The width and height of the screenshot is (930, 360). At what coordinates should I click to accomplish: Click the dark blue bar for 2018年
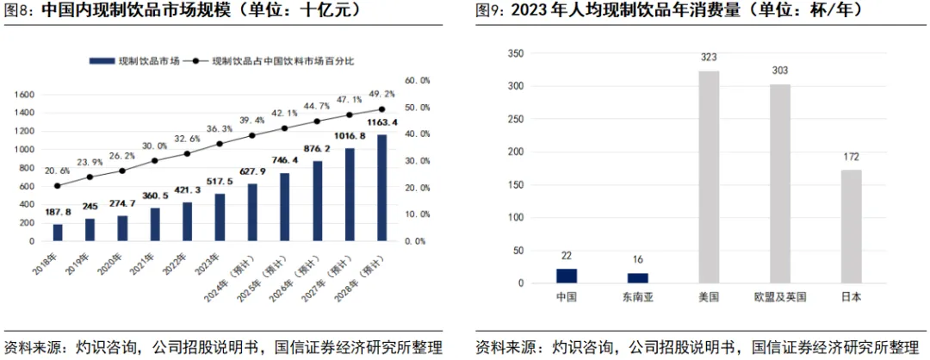click(58, 233)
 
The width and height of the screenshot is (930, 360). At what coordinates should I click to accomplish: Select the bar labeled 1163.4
click(381, 188)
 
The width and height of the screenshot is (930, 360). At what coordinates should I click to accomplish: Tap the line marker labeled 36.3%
click(220, 144)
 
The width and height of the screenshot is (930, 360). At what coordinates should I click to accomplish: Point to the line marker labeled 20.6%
click(58, 185)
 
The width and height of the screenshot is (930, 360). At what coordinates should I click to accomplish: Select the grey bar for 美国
click(709, 177)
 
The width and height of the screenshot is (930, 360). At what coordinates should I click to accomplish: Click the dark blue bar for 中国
click(566, 276)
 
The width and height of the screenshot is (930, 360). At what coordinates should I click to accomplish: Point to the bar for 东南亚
click(637, 277)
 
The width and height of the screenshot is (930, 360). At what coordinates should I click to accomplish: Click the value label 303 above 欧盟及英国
click(779, 71)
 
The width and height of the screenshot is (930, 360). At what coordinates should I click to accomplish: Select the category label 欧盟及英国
click(779, 297)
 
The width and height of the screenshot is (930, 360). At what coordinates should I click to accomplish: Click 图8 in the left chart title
click(19, 11)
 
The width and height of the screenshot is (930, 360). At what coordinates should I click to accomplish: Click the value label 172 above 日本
click(851, 157)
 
